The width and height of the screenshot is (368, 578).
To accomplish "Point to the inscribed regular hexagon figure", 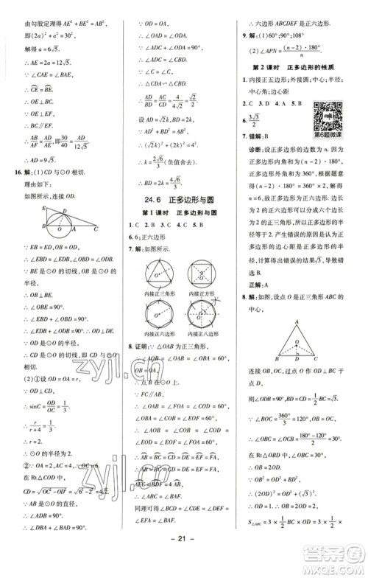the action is coord(159,321).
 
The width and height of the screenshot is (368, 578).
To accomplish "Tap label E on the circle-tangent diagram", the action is coord(24,209).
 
